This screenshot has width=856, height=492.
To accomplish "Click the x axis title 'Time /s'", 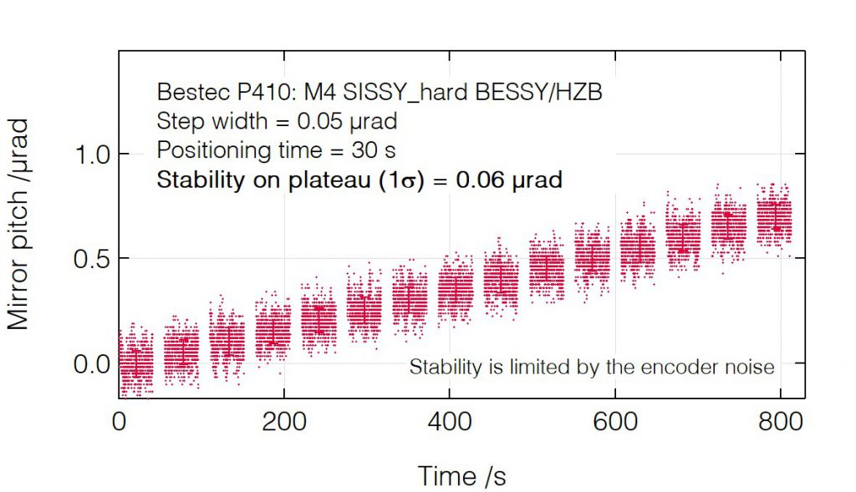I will pos(461,475).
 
